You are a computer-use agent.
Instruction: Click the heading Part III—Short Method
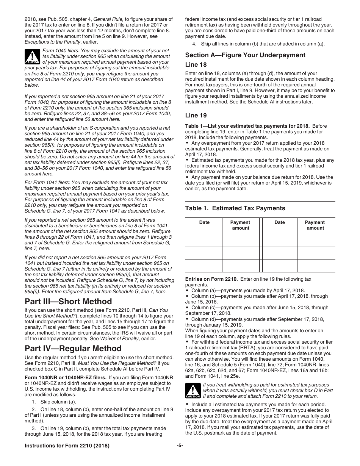point(68,302)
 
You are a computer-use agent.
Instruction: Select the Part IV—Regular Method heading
point(73,348)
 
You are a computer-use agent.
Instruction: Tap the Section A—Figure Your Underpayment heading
point(245,55)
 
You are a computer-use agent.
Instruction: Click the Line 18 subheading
point(196,65)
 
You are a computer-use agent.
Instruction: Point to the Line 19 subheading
point(196,115)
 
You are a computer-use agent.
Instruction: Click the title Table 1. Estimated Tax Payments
point(235,208)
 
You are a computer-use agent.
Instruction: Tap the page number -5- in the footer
point(180,446)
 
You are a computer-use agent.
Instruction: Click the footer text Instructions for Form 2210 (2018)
point(67,446)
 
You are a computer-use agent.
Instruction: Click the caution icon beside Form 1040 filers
point(32,56)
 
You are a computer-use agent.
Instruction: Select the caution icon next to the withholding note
point(193,390)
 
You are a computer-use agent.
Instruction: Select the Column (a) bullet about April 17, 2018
point(243,291)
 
